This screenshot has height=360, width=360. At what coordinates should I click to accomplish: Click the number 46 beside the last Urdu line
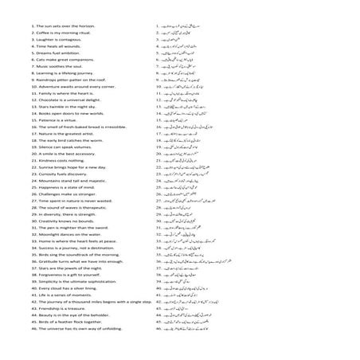pos(158,327)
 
